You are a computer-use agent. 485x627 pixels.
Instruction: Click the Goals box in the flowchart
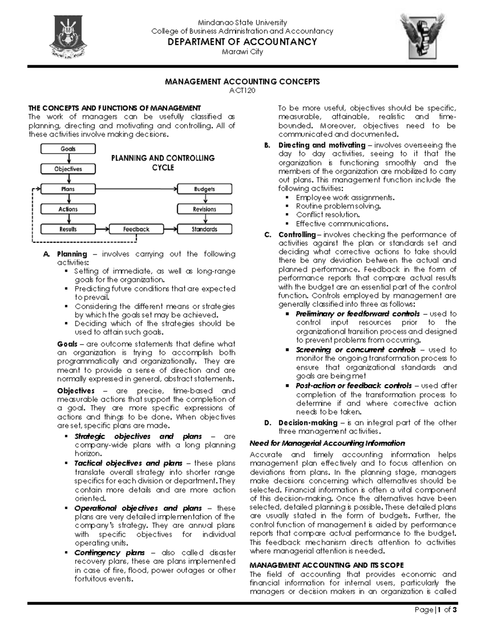tap(68, 149)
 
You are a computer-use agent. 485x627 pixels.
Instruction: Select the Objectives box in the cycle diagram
tap(68, 169)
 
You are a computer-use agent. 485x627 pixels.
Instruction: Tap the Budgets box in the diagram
tap(205, 189)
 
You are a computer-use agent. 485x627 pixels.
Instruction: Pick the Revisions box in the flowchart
tap(205, 209)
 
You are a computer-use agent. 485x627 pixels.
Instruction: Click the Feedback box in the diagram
tap(136, 229)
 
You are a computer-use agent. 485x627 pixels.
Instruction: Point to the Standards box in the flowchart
tap(205, 229)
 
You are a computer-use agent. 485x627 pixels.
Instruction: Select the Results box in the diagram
tap(68, 229)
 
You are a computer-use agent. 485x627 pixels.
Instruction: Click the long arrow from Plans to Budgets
tap(137, 189)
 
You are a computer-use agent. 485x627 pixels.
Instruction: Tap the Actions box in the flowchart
tap(68, 209)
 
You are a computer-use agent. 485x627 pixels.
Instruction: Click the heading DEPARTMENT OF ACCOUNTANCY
tap(242, 42)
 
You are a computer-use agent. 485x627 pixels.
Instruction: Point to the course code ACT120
tap(242, 90)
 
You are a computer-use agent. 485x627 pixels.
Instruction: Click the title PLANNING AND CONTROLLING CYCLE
tap(163, 162)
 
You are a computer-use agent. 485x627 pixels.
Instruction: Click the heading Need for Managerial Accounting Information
tap(327, 443)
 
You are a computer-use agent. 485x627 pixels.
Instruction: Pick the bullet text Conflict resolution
tap(327, 215)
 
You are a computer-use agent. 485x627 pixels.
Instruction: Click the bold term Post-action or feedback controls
tap(354, 386)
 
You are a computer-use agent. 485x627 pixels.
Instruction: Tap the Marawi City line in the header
tap(242, 52)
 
